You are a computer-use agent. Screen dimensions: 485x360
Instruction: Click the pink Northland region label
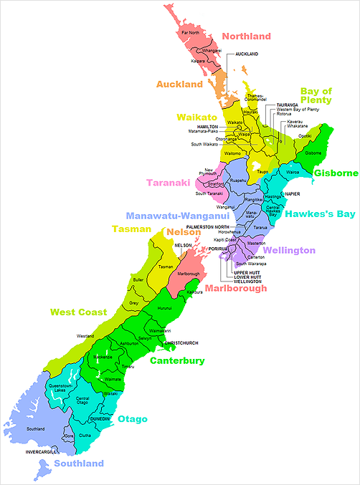pos(246,37)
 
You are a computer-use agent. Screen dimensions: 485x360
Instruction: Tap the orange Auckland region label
pos(179,85)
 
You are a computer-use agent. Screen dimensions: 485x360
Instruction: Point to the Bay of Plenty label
pos(316,95)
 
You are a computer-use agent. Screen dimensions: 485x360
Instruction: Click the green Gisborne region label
pos(335,173)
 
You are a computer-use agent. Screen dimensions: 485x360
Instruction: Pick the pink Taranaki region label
pos(169,182)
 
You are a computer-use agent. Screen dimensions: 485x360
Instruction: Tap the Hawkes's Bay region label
pos(319,213)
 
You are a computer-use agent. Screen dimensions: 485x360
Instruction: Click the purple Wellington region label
pos(288,250)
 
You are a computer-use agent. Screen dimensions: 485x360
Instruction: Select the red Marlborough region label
pos(236,288)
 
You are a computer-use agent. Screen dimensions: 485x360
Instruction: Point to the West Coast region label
pos(78,312)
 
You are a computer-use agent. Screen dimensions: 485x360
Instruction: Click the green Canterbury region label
pos(177,360)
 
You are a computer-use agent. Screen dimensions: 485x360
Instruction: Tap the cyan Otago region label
pos(133,418)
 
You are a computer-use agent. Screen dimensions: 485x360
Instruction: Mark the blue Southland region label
pos(79,464)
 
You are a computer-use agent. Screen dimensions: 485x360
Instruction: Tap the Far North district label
pos(190,34)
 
